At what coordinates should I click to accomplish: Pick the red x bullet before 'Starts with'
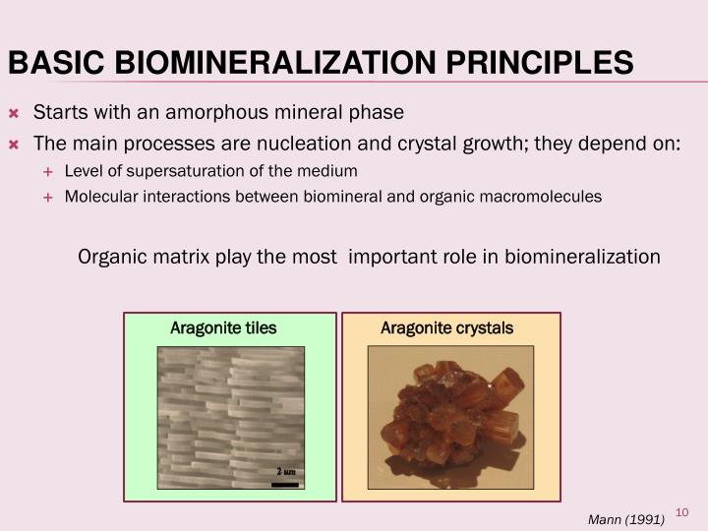click(x=14, y=112)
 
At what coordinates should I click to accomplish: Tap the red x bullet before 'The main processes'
click(x=14, y=144)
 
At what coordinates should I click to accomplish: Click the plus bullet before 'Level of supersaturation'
click(x=47, y=172)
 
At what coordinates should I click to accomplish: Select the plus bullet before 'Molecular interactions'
click(x=47, y=197)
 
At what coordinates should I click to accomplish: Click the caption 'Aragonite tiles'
click(x=223, y=327)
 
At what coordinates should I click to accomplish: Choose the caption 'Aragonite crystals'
click(x=446, y=327)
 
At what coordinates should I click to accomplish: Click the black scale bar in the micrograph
click(x=284, y=483)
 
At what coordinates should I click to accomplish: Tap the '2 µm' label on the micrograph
click(x=284, y=472)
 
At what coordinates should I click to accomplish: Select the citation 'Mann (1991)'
click(x=625, y=519)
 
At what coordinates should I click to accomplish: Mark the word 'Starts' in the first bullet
click(x=57, y=111)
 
